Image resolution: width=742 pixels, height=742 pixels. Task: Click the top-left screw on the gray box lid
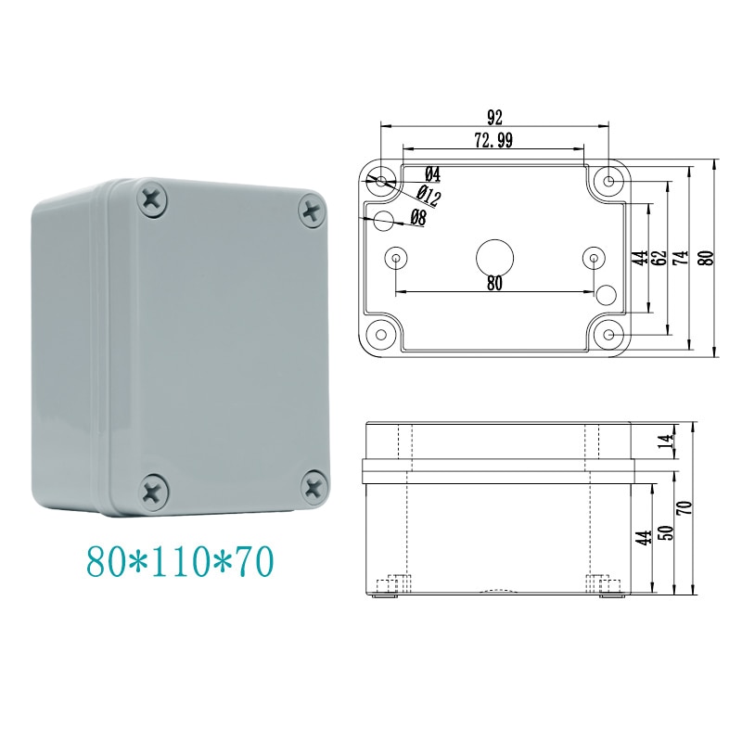pos(151,197)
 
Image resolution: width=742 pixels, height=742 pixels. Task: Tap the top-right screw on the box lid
pos(313,210)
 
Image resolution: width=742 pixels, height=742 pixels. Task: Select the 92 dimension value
pos(493,118)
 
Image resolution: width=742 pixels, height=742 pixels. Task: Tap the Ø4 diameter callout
pos(432,174)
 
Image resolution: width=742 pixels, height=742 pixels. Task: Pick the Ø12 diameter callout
pos(428,196)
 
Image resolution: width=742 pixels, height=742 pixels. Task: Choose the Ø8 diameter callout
pos(417,219)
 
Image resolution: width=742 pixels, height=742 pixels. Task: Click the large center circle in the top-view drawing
pos(493,256)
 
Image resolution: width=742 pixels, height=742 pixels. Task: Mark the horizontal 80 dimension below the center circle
pos(493,285)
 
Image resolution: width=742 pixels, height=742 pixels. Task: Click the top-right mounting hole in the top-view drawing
pos(608,182)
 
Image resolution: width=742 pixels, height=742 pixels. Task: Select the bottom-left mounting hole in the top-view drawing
pos(380,332)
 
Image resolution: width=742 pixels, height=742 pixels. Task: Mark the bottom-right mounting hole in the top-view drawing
pos(608,332)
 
